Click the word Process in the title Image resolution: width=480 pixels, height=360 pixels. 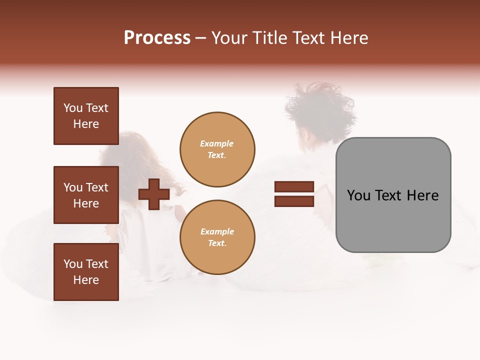157,38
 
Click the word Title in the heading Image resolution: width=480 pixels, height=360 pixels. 269,38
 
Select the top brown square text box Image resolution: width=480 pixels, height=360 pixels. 86,116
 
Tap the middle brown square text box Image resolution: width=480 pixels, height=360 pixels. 86,195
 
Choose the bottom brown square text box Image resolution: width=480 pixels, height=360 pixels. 86,272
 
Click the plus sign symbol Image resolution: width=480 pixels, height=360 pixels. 154,194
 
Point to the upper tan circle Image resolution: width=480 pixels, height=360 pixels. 217,149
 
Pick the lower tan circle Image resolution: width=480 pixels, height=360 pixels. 217,237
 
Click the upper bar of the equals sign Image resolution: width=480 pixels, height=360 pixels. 294,187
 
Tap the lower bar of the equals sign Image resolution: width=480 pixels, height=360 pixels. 294,201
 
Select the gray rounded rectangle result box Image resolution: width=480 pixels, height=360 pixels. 393,195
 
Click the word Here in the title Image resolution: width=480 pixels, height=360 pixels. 348,38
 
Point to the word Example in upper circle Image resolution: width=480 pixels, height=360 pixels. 217,143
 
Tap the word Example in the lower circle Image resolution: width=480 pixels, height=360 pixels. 217,231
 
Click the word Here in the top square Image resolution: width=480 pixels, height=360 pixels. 86,124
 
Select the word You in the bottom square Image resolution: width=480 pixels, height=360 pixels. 73,264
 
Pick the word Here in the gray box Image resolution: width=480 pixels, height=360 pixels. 423,195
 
